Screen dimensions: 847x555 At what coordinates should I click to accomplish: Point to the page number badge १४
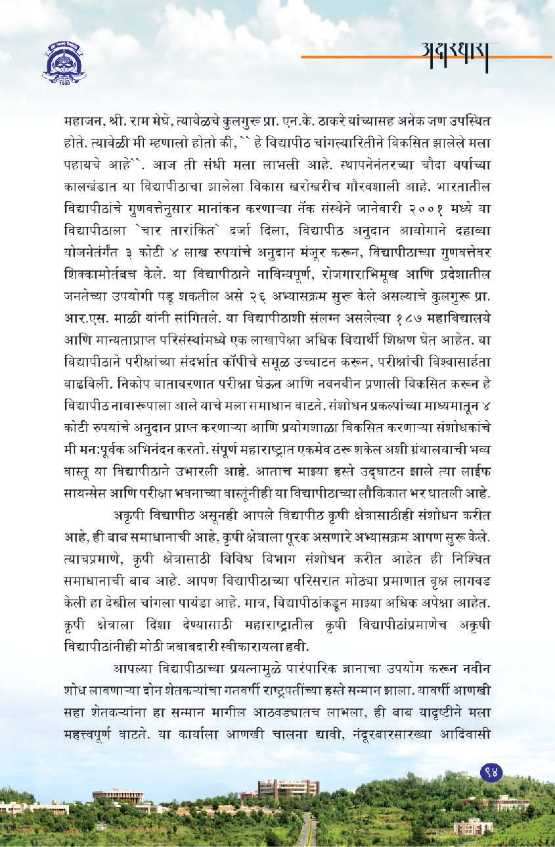(x=491, y=771)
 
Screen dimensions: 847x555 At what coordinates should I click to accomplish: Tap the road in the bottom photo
(x=306, y=833)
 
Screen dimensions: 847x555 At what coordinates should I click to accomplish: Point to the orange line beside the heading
(x=355, y=57)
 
